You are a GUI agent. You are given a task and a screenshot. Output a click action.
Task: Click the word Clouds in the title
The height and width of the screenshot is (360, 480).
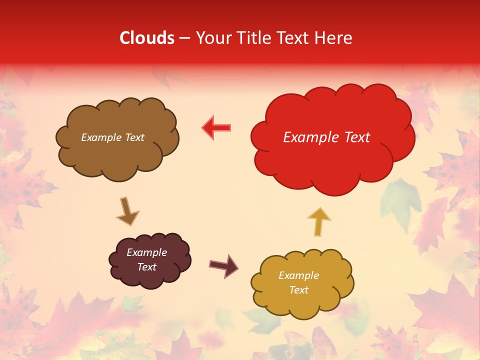click(x=147, y=38)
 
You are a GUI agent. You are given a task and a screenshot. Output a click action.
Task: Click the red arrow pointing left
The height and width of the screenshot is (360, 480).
click(x=216, y=127)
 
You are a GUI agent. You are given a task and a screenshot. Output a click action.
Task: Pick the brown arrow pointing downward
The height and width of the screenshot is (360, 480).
click(x=127, y=211)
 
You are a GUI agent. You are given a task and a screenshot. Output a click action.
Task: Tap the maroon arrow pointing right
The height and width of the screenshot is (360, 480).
click(x=224, y=265)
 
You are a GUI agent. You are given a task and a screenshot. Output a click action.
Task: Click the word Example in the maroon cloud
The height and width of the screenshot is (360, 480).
click(x=146, y=252)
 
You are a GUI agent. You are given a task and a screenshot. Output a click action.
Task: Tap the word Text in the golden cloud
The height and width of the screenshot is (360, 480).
click(x=298, y=290)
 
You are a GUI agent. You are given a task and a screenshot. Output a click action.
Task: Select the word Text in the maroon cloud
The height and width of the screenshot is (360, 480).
click(x=146, y=267)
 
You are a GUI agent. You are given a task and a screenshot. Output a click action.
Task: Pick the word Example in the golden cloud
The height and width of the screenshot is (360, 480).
click(x=298, y=275)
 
